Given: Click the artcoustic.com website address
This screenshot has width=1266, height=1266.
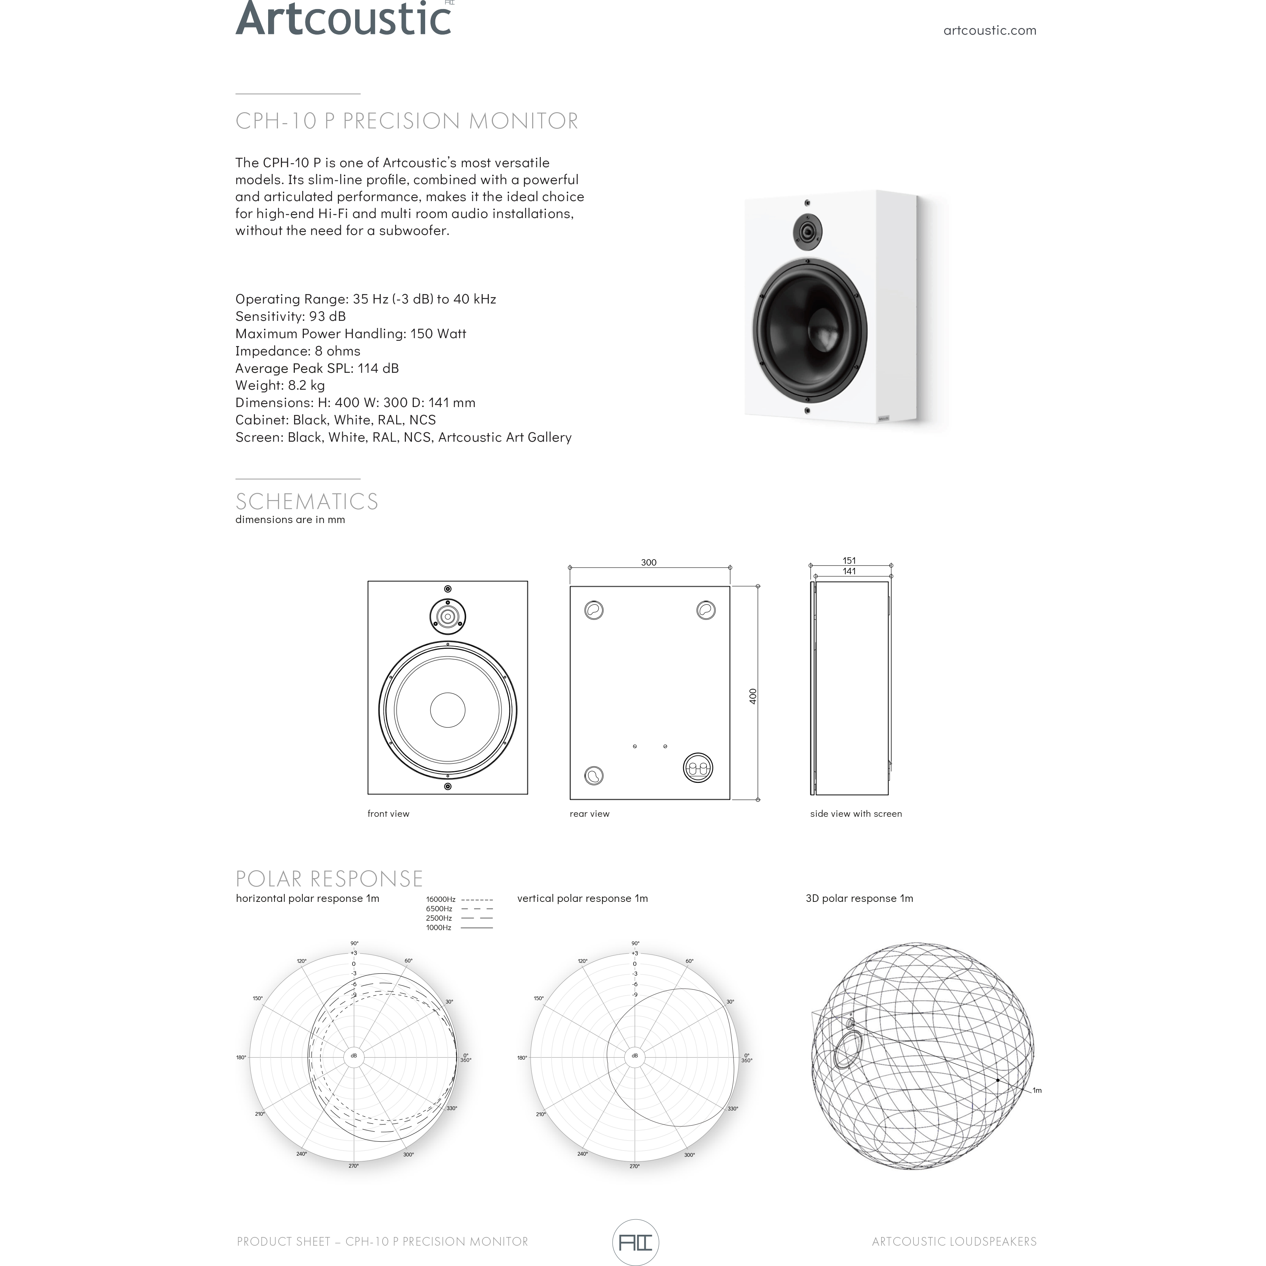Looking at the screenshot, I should point(990,30).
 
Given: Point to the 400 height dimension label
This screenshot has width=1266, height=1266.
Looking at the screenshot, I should point(753,696).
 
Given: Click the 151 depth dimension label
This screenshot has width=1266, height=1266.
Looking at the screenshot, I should point(849,560).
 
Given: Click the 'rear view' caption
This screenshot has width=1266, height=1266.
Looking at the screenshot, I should point(589,814).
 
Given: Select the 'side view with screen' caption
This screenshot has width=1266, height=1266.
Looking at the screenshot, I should point(856,814).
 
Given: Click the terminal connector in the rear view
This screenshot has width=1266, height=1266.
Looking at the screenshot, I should point(697,767).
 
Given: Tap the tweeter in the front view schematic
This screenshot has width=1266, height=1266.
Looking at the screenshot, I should point(448,616).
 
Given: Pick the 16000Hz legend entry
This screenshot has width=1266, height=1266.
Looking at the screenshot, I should point(459,900).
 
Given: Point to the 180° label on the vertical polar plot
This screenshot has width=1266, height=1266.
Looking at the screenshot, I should point(522,1058).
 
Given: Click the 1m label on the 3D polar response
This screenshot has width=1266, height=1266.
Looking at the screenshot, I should point(1037,1091).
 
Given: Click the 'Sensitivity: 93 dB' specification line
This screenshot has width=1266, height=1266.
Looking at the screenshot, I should point(290,316).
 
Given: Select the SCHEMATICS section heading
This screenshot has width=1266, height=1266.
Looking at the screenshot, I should point(307,501).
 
